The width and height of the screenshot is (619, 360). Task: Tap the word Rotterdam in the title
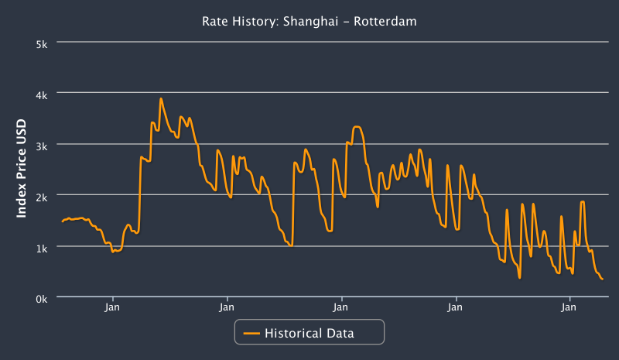[x=385, y=22]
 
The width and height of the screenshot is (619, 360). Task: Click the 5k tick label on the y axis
[x=43, y=43]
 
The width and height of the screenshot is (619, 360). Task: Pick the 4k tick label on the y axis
[x=43, y=94]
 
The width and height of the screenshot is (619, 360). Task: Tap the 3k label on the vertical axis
[x=43, y=145]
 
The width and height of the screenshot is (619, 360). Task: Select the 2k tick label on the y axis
[x=43, y=196]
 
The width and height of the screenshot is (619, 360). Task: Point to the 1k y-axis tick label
[x=43, y=247]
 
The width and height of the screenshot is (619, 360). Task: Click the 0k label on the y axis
[x=43, y=298]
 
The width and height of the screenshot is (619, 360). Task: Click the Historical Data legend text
[x=309, y=334]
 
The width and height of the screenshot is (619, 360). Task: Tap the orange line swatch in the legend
[x=252, y=334]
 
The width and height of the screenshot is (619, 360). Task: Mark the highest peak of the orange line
[x=161, y=98]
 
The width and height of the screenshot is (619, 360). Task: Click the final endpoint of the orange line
[x=603, y=279]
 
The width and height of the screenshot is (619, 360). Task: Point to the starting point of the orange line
[x=63, y=222]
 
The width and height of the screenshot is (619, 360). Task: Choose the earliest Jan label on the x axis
[x=113, y=308]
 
